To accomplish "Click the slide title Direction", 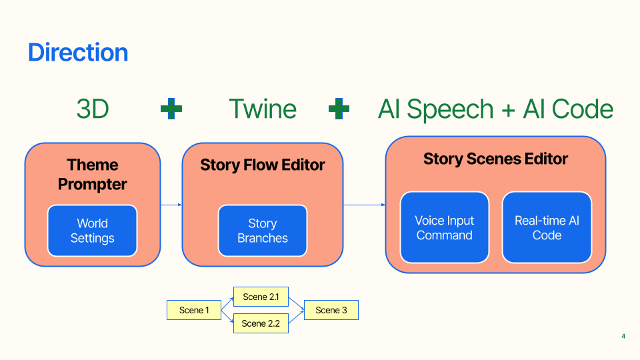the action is point(78,52).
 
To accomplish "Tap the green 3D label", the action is point(93,109).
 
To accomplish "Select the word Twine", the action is point(263,109).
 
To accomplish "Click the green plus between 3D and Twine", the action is point(171,109).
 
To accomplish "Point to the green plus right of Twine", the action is point(339,109).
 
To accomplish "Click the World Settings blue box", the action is point(92,231).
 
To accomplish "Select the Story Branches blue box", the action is point(263,231).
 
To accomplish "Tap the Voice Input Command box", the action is point(445,227).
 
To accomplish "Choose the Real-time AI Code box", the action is point(547,227).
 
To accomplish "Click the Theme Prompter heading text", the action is point(92,174).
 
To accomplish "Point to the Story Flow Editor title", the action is point(263,165).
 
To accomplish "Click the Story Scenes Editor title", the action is point(495,159).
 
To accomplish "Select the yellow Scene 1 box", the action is point(194,310).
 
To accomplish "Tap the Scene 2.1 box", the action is point(261,297).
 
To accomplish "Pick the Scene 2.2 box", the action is point(261,323).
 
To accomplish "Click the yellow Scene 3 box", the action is point(331,310).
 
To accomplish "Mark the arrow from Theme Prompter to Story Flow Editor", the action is point(171,205).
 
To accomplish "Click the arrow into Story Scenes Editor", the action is point(365,205).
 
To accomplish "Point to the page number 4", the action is point(623,336).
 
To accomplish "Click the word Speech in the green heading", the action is point(450,109).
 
